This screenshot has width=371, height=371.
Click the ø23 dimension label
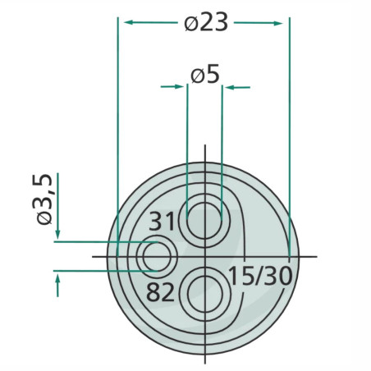click(206, 22)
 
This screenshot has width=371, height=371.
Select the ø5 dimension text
click(205, 76)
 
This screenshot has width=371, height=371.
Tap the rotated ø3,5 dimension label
click(44, 199)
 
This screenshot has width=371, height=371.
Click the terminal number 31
click(162, 222)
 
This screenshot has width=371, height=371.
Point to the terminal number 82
click(160, 292)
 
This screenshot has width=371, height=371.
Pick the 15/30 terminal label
click(260, 276)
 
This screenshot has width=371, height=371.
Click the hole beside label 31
click(204, 221)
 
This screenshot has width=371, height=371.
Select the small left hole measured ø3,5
click(157, 257)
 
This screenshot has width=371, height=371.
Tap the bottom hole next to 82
click(205, 294)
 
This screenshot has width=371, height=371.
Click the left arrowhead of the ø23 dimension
click(129, 22)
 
